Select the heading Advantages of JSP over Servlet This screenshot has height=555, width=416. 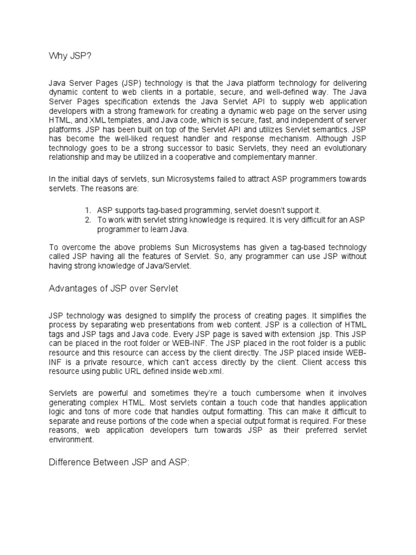pos(113,289)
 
